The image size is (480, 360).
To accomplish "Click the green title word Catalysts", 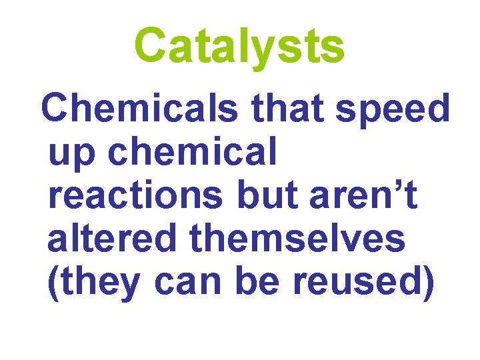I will [239, 45].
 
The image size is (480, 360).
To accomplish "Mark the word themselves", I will [298, 239].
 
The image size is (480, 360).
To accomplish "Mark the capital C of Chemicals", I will [55, 108].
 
